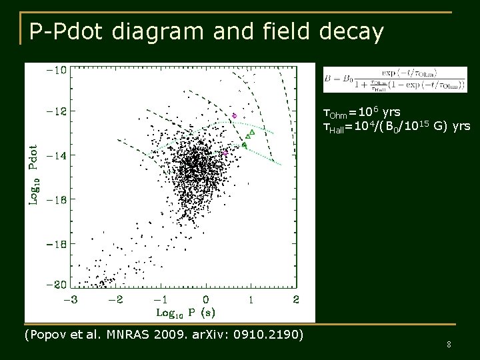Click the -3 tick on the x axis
pos(71,299)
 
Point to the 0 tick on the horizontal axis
pos(206,299)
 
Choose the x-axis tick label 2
pos(296,299)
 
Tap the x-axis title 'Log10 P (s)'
pos(185,312)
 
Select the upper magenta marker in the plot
pos(234,116)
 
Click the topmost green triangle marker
pos(252,131)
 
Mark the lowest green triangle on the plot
pos(244,145)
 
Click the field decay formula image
pos(395,79)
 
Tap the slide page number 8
pos(449,344)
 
